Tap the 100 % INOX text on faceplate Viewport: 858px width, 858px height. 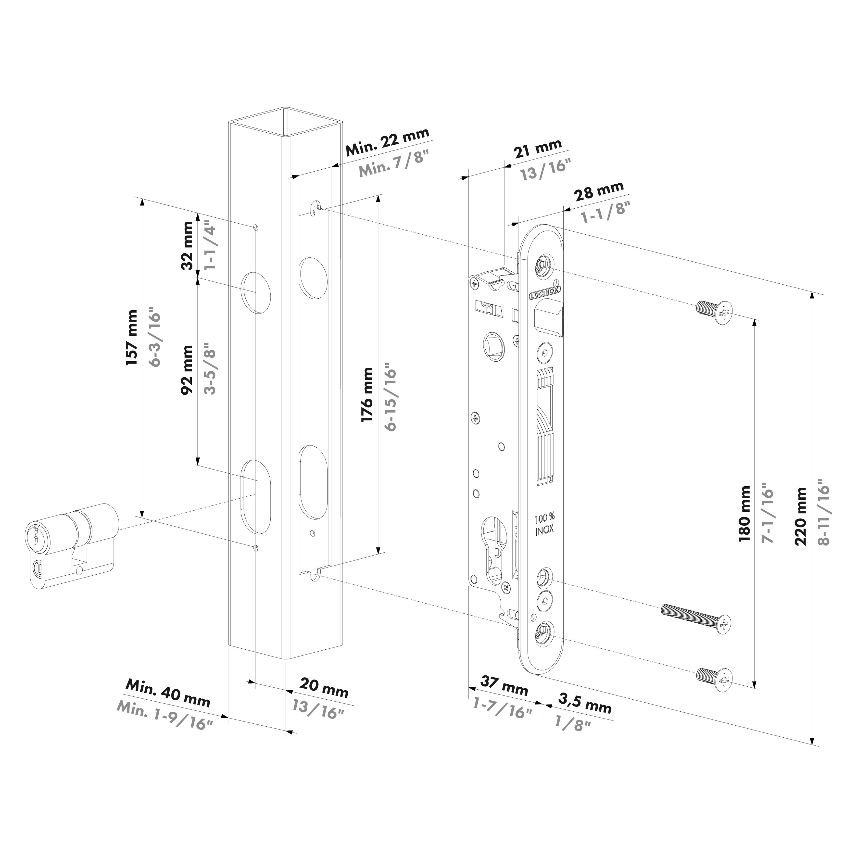click(x=544, y=524)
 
